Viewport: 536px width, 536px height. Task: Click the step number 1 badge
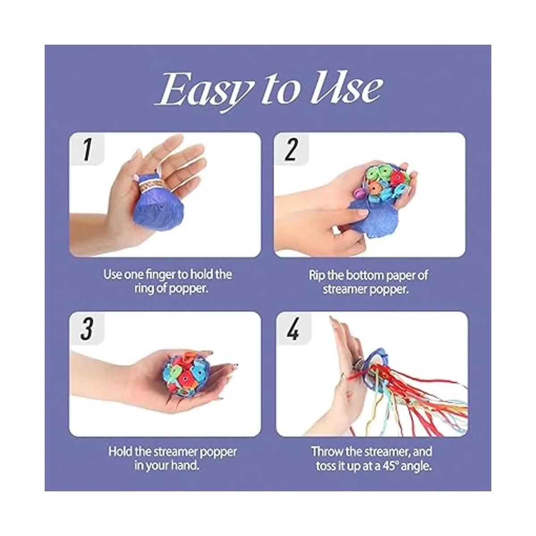pyautogui.click(x=87, y=149)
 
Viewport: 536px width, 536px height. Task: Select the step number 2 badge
pyautogui.click(x=291, y=149)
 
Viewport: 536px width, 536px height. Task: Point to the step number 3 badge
pyautogui.click(x=87, y=328)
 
